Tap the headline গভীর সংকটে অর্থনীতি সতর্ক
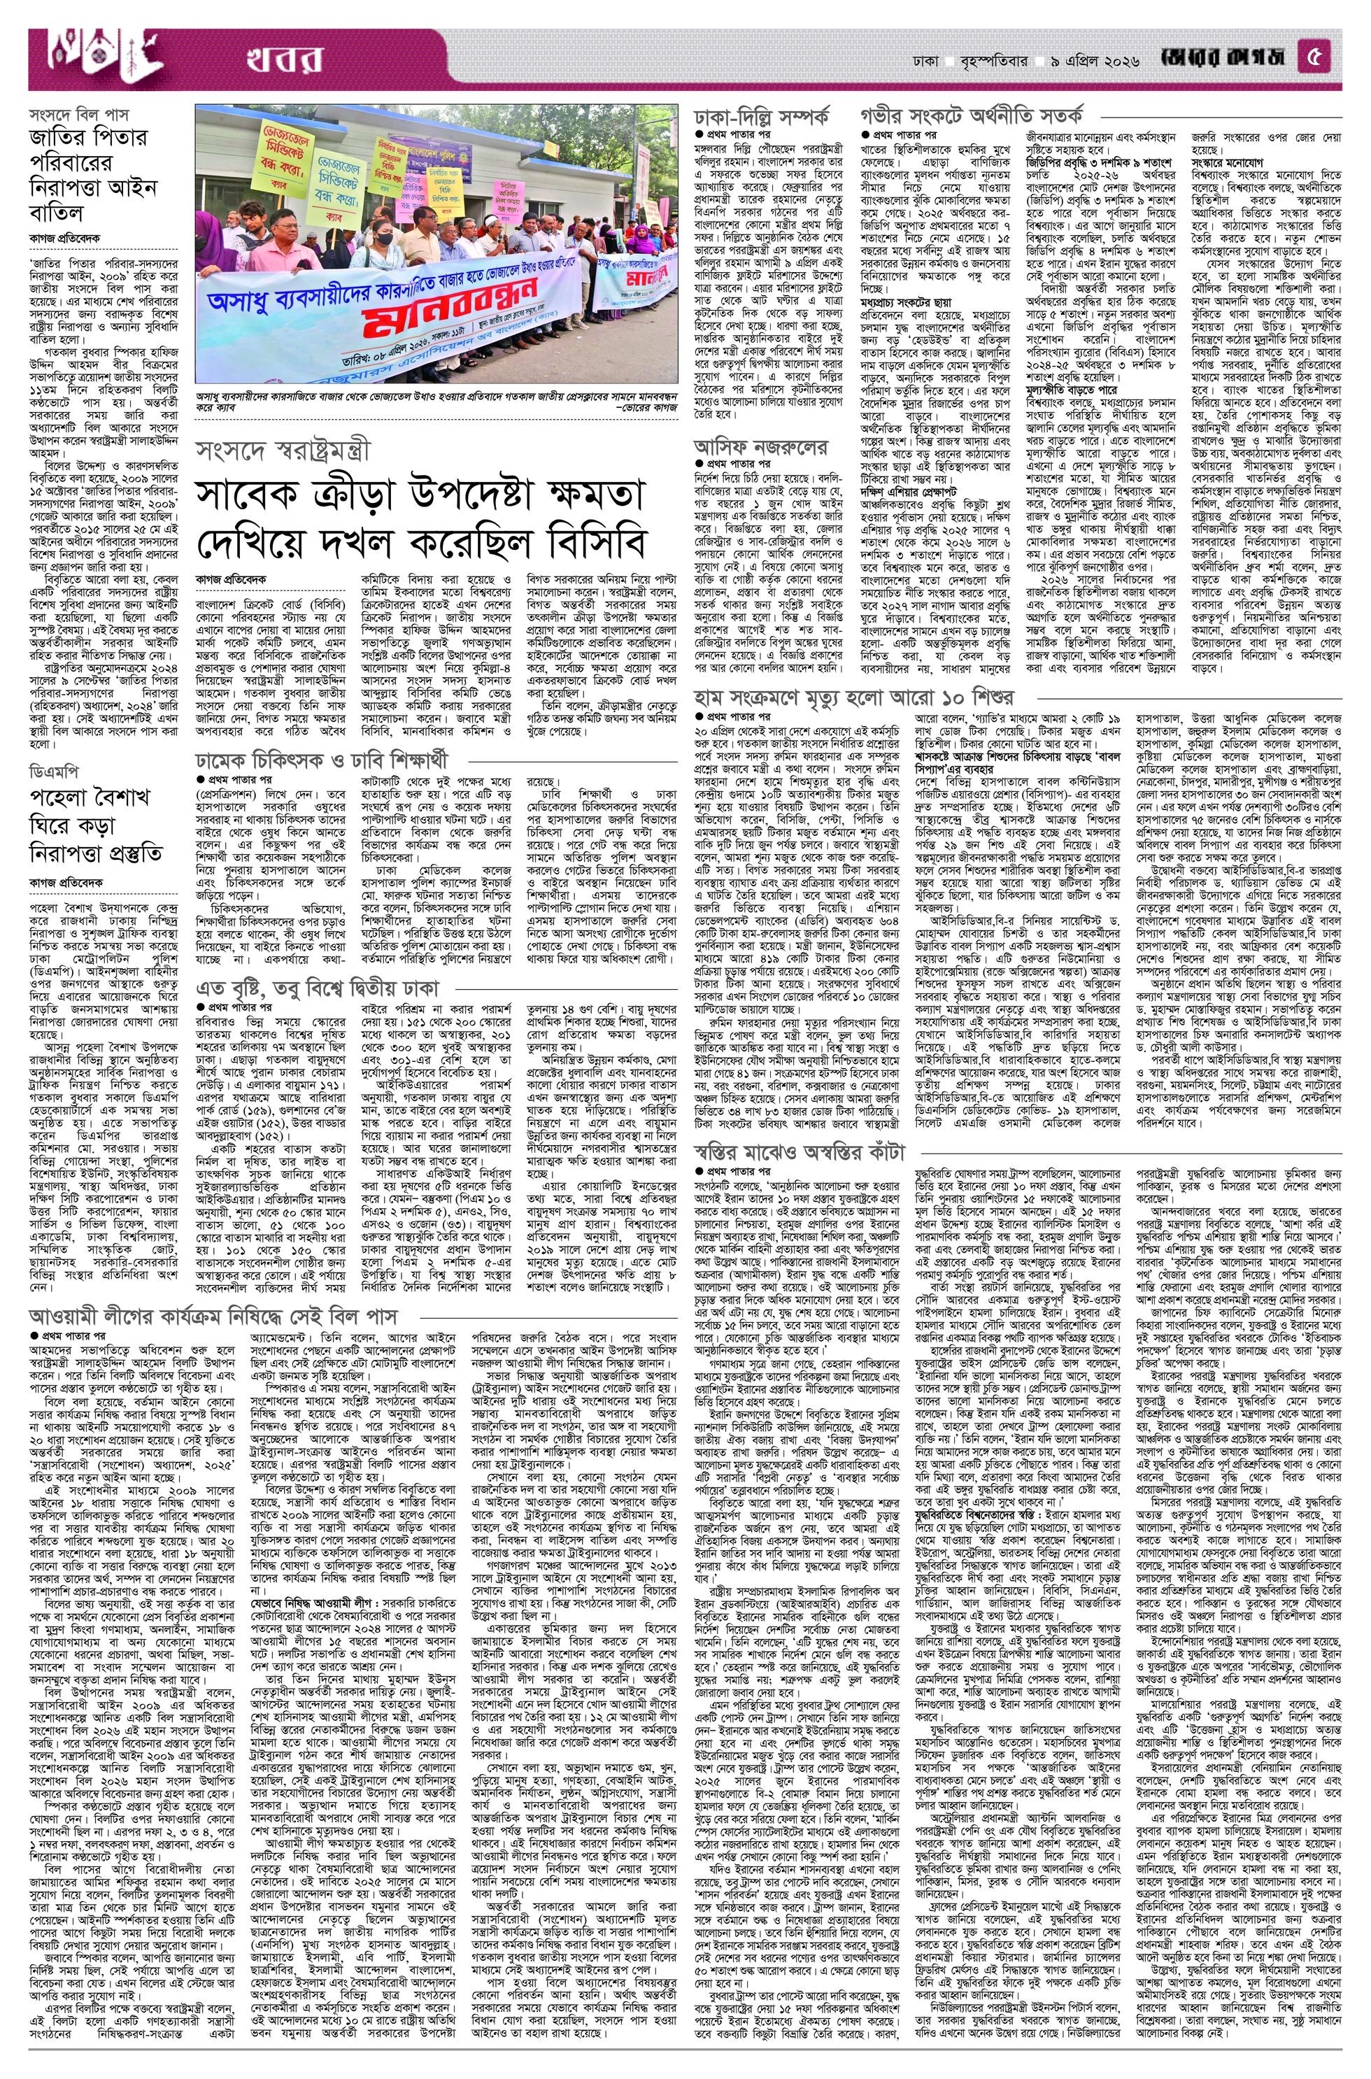point(972,115)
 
